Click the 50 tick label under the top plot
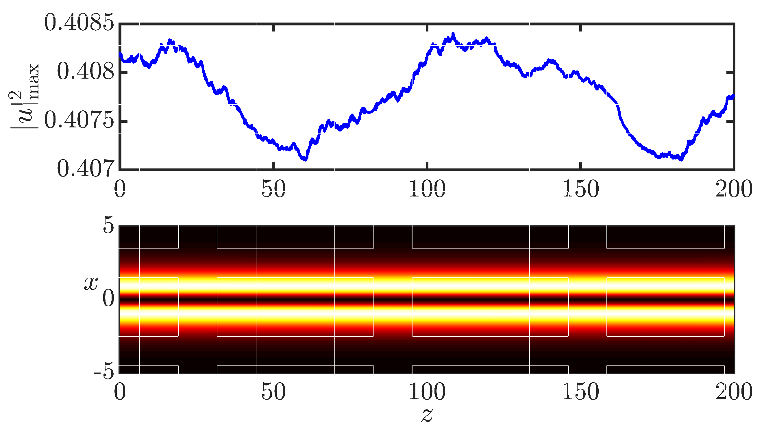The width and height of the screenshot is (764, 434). (x=273, y=189)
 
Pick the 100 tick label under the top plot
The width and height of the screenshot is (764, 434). (x=427, y=189)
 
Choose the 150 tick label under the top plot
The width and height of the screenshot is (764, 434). (x=581, y=189)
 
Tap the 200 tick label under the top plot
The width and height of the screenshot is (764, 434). (x=734, y=189)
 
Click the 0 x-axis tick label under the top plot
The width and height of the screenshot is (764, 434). (x=120, y=189)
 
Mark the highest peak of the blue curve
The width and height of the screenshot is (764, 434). (x=453, y=34)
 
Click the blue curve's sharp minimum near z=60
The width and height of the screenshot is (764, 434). (x=305, y=159)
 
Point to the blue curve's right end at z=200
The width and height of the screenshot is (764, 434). (x=733, y=96)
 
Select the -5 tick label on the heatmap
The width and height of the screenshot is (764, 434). (x=104, y=372)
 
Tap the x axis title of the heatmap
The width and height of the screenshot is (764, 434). (x=91, y=283)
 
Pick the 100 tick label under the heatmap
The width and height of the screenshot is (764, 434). (x=427, y=391)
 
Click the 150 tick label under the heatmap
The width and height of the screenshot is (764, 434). (x=581, y=391)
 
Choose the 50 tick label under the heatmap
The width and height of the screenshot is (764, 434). (x=273, y=391)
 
